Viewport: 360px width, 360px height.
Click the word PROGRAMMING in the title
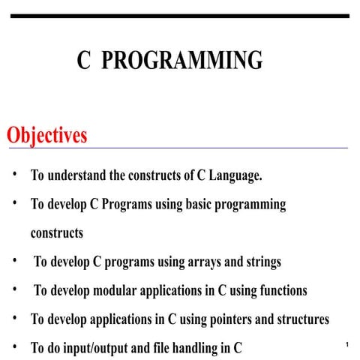(182, 60)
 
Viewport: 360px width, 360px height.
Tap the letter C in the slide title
(83, 60)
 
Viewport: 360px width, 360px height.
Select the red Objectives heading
(46, 136)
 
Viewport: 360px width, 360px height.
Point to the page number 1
(348, 343)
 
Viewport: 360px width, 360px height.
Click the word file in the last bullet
(165, 348)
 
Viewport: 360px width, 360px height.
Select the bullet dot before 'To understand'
(14, 176)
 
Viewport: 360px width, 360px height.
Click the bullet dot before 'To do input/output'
(14, 347)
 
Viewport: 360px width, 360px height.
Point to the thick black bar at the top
(180, 16)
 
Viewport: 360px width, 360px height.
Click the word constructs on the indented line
(57, 233)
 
